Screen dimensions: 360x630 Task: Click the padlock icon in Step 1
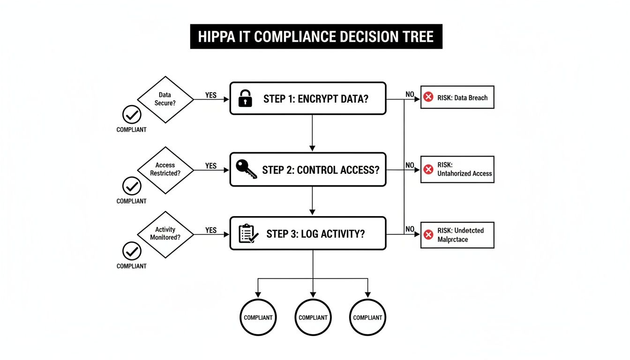245,98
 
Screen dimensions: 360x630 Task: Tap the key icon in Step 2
246,169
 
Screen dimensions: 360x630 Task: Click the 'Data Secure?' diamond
165,99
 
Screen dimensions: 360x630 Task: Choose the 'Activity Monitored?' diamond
165,233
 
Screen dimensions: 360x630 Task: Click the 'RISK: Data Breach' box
457,97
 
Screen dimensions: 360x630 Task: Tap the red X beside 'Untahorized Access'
428,169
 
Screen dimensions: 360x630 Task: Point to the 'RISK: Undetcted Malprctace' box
457,235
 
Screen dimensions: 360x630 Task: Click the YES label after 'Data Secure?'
211,95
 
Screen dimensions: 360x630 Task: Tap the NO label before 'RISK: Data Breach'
410,94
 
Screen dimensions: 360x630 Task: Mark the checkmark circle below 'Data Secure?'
132,114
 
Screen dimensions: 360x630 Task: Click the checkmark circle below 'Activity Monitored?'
132,251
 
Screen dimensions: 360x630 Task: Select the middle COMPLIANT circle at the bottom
313,317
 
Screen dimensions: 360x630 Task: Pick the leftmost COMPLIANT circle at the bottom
258,317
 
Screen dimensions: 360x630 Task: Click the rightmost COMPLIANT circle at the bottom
367,317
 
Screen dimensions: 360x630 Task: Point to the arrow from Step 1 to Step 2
312,133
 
